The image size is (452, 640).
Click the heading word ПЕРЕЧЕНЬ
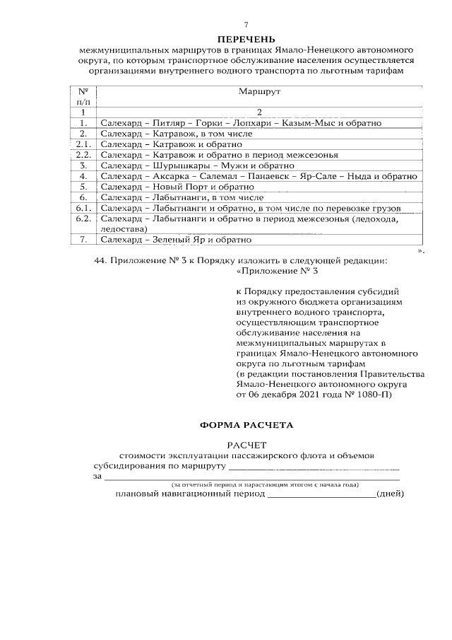coord(246,39)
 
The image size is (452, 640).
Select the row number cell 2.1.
coord(83,144)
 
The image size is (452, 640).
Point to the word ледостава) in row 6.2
coord(124,229)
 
